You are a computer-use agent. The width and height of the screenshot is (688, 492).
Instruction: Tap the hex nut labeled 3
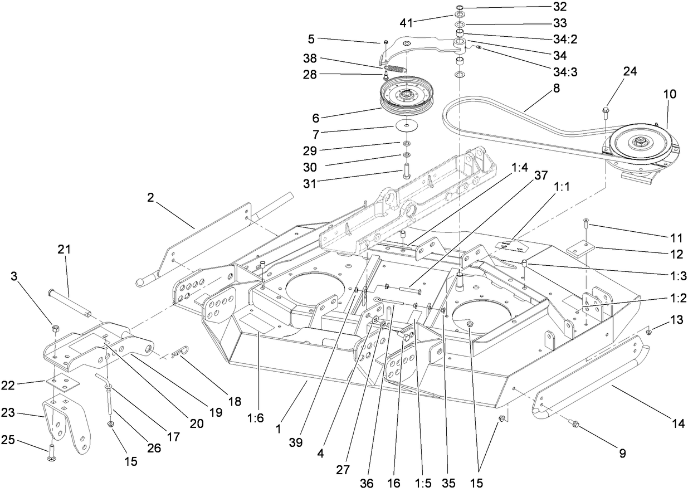point(56,328)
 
